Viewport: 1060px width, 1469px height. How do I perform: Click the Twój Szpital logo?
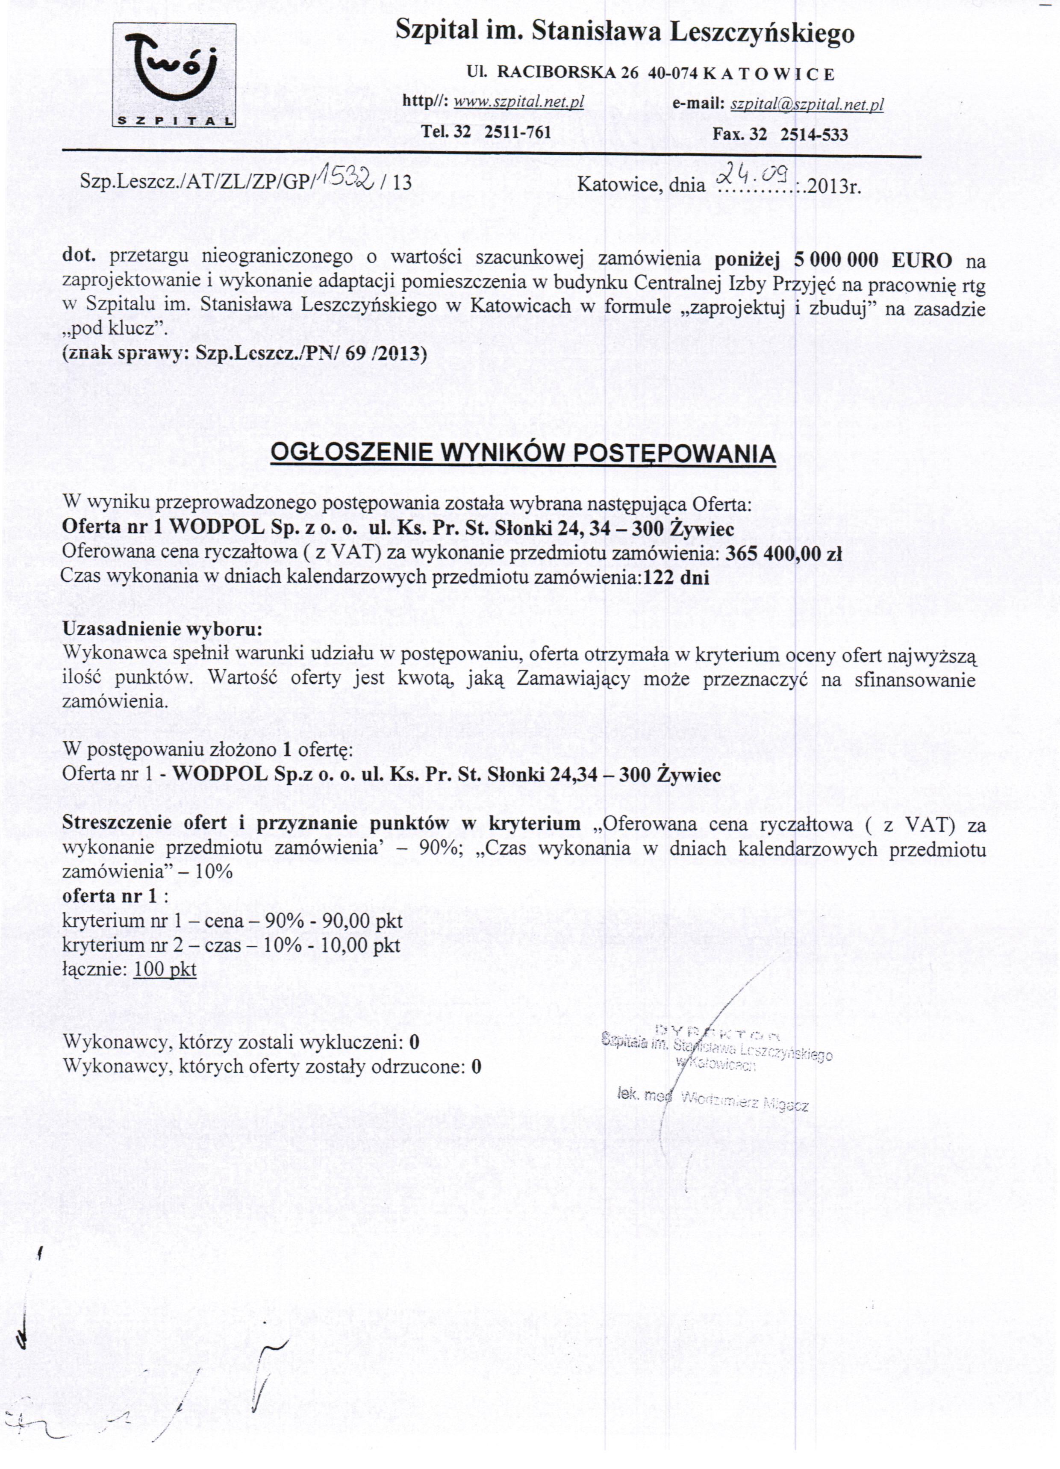point(174,75)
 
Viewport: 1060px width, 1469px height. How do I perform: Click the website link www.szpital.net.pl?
point(518,102)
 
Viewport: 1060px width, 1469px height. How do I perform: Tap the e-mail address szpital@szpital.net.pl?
point(807,104)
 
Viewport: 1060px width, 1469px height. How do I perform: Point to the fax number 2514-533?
point(814,134)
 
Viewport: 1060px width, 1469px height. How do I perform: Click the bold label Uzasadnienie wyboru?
point(162,629)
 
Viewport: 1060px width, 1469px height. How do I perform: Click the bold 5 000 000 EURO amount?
point(873,260)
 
